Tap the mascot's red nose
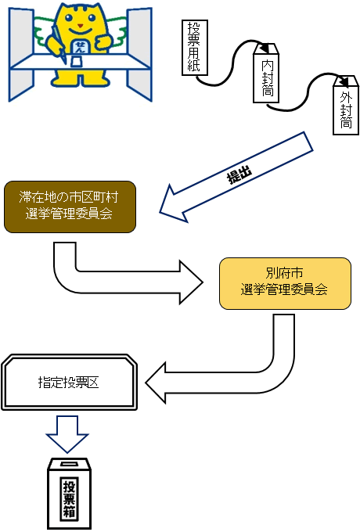[81, 30]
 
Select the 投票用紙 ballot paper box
[194, 48]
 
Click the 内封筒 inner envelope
[265, 74]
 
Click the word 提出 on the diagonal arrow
[239, 175]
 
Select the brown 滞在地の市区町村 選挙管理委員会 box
[70, 207]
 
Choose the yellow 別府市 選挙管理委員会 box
[284, 282]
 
